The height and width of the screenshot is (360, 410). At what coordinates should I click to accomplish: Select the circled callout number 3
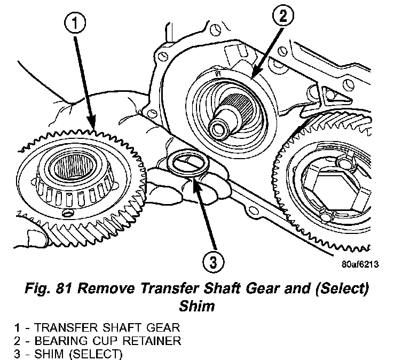[x=213, y=262]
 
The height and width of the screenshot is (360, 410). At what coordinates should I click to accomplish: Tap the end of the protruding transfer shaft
[x=219, y=129]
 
